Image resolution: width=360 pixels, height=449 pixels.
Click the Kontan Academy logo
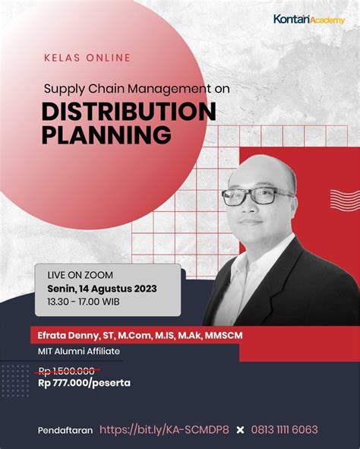[308, 19]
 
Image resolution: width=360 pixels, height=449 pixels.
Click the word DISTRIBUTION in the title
[128, 111]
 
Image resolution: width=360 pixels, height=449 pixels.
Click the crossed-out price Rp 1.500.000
[66, 371]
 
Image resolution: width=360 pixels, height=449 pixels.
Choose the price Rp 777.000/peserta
[84, 383]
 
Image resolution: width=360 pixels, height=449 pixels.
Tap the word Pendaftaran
[65, 430]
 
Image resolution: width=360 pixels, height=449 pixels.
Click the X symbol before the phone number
[241, 430]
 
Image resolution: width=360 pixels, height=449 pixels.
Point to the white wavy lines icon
[344, 199]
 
